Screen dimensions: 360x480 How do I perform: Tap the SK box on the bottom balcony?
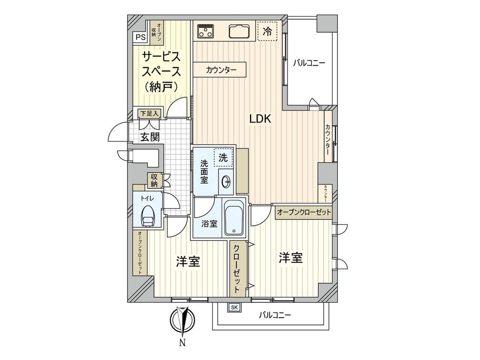234,307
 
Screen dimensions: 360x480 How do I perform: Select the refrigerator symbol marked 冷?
267,31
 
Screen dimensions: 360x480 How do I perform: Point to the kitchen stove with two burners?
205,31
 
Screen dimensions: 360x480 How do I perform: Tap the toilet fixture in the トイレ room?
148,217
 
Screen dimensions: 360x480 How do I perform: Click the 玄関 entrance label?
150,137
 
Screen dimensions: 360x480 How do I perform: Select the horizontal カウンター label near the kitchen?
220,70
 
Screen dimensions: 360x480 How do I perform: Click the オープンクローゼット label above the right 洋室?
304,213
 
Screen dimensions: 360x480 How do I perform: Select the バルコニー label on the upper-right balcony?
308,63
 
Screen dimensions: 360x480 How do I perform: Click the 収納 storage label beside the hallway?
154,180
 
